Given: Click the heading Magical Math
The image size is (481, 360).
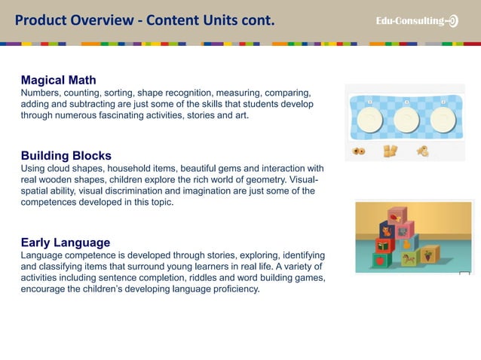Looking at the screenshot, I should coord(58,80).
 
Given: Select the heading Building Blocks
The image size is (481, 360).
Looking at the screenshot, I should coord(66,156).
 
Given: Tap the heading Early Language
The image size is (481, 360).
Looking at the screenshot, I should coord(65,243).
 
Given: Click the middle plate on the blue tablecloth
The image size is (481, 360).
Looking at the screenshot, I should coord(406,121).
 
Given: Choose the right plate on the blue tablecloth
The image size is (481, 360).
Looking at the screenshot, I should coord(443,121).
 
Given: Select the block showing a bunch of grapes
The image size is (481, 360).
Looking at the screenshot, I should coord(429,256).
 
